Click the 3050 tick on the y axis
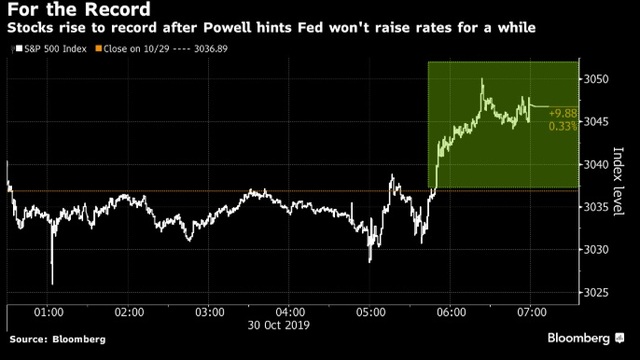(x=596, y=79)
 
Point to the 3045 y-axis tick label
(x=596, y=122)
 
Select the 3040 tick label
(x=596, y=164)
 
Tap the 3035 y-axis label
(x=596, y=207)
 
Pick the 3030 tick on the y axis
(x=596, y=249)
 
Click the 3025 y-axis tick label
(x=596, y=293)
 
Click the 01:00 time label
(x=49, y=312)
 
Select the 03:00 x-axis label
(x=210, y=312)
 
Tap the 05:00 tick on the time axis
(x=371, y=312)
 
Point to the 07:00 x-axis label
(x=532, y=312)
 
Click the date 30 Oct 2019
(x=279, y=325)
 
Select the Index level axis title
(x=619, y=181)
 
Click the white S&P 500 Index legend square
(x=19, y=49)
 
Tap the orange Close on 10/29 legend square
(x=98, y=49)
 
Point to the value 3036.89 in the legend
(x=211, y=49)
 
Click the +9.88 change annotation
(x=563, y=113)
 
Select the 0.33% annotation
(x=563, y=126)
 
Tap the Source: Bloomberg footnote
(x=58, y=339)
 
